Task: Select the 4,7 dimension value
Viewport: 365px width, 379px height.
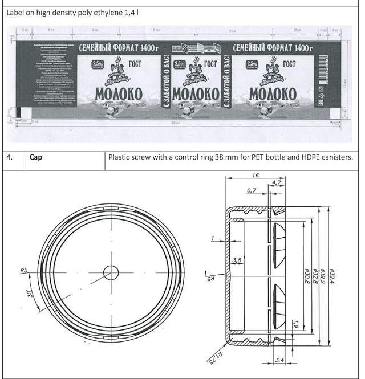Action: pos(277,183)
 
